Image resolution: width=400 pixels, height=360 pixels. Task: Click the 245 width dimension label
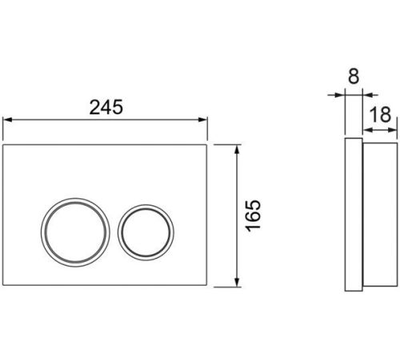coord(106,107)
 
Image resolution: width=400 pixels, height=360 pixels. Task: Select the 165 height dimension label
coord(253,216)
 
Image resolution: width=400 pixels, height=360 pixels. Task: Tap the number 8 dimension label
coord(354,77)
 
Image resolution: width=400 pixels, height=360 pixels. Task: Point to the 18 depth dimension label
coord(381,115)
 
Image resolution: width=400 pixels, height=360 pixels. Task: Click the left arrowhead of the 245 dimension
coord(6,120)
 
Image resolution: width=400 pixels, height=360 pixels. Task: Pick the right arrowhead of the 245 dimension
coord(203,120)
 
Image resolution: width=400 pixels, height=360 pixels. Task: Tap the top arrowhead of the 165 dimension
coord(237,150)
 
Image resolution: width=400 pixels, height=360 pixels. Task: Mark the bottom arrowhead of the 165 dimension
coord(237,282)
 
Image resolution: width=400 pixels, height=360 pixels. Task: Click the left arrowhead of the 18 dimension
coord(367,130)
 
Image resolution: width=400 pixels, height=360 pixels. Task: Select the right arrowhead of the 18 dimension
coord(393,130)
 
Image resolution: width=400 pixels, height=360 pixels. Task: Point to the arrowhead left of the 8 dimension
coord(341,94)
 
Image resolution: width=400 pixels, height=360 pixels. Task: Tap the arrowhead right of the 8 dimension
coord(367,94)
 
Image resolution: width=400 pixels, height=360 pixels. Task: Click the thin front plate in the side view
coord(354,214)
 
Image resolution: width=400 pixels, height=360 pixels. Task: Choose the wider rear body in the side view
coord(380,214)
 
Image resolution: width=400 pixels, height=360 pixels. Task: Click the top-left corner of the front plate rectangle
coord(2,145)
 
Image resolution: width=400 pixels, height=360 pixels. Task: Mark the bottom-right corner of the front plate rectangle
coord(207,286)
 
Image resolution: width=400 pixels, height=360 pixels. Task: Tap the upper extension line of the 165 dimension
coord(227,145)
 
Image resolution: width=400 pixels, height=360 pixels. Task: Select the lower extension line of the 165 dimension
coord(227,287)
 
